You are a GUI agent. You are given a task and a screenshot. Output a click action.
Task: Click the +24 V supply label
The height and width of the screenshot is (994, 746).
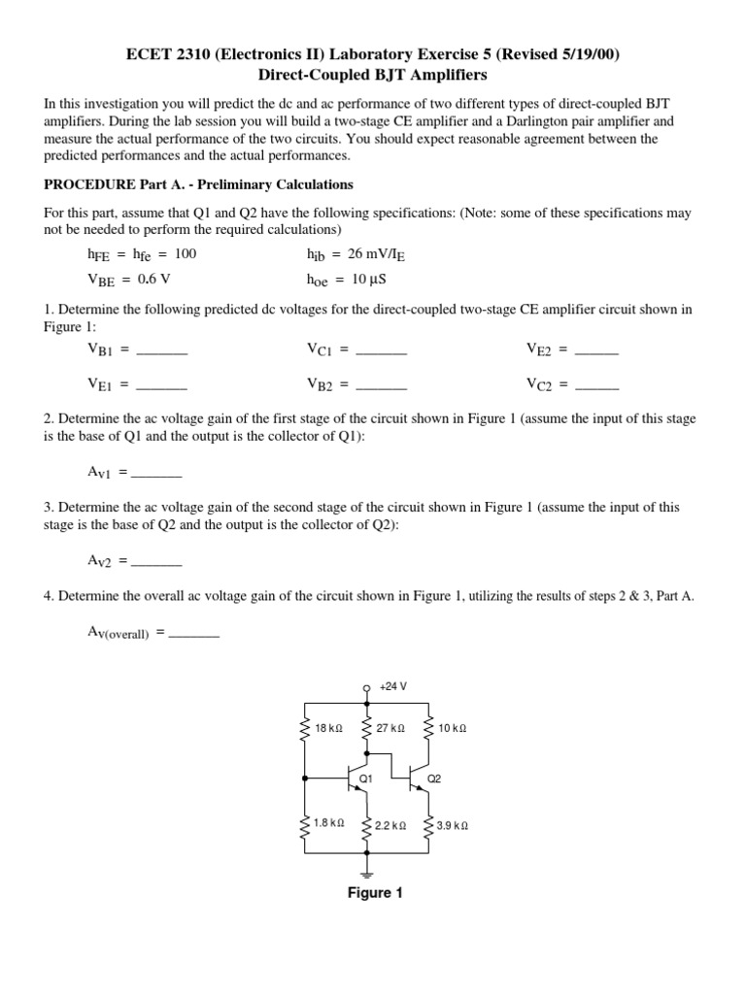392,686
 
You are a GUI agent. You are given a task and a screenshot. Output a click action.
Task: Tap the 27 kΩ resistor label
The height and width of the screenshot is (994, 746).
392,727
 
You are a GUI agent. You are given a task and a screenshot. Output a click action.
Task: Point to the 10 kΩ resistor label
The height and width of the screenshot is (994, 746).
453,727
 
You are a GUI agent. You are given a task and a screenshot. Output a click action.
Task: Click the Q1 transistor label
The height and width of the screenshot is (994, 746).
366,779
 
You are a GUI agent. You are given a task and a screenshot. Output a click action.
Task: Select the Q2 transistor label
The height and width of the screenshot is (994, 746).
434,779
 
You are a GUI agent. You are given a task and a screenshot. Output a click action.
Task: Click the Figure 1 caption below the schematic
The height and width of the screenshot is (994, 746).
375,893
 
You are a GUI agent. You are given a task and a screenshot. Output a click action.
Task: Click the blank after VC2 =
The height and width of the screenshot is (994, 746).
596,386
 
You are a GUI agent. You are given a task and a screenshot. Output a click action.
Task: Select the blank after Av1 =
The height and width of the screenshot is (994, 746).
156,475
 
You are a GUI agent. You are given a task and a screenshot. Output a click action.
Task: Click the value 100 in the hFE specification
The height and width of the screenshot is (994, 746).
186,254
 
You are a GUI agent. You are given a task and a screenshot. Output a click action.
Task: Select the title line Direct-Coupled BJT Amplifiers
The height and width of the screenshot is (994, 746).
373,74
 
